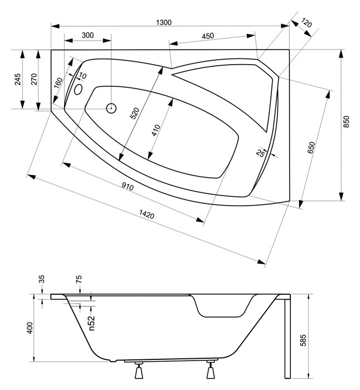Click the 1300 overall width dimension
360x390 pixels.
point(164,22)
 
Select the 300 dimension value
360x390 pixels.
point(87,35)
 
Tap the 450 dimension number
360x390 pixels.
point(208,36)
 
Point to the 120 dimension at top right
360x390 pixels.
point(307,23)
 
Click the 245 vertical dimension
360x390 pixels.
point(18,79)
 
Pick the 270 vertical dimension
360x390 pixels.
point(34,79)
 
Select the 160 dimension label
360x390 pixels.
point(58,83)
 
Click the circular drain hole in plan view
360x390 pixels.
point(111,108)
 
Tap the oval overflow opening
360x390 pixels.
point(79,89)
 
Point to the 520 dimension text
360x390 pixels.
point(135,113)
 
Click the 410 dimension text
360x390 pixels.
point(155,130)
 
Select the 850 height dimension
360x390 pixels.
point(346,121)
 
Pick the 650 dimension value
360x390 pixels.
point(311,148)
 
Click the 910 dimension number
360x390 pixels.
point(128,186)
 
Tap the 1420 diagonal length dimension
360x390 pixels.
point(147,214)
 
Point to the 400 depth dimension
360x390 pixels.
point(30,328)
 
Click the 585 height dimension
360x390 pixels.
point(303,340)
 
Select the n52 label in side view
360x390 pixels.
point(92,323)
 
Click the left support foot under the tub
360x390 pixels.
point(139,370)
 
